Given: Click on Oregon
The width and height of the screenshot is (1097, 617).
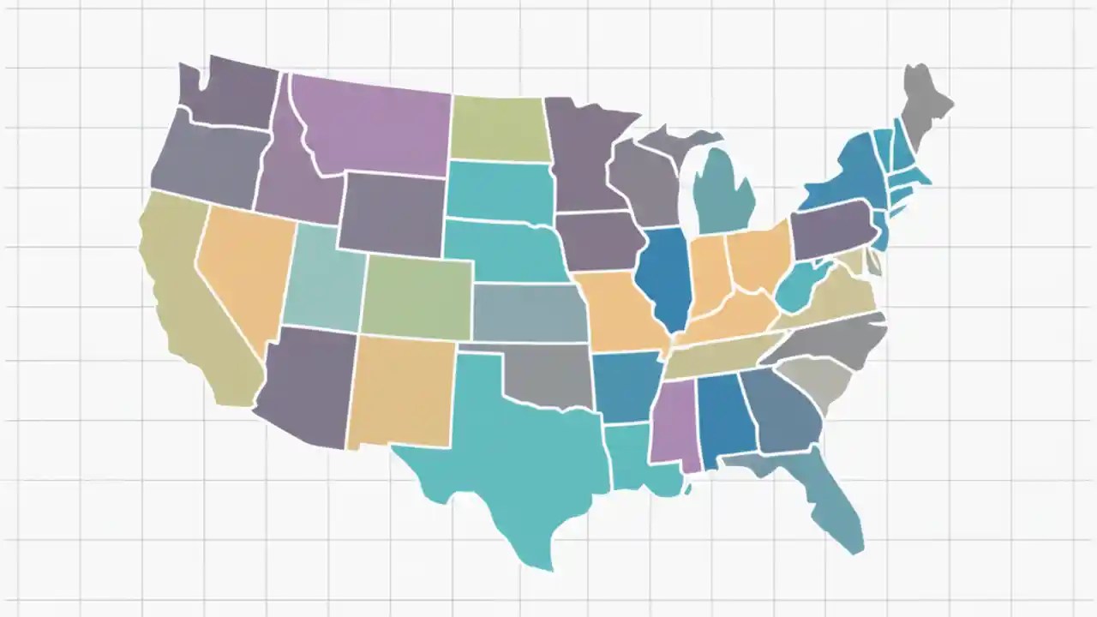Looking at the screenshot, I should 206,163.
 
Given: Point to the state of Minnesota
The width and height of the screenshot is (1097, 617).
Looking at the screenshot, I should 583,154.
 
